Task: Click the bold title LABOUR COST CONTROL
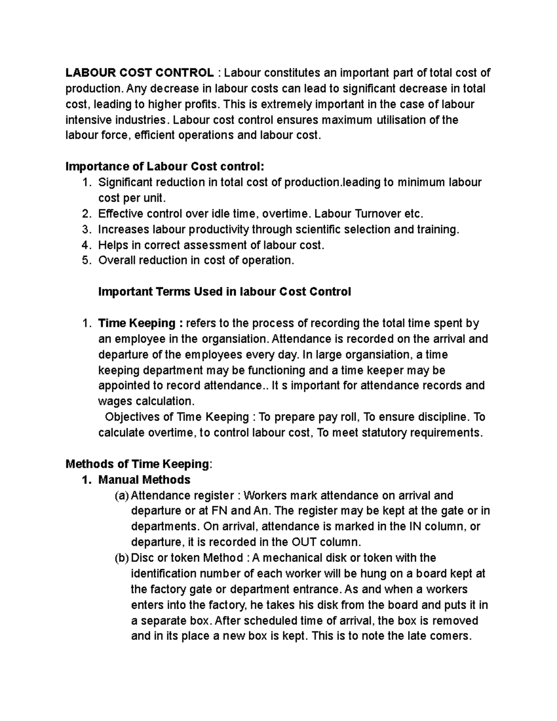[x=140, y=73]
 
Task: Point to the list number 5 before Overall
[x=85, y=260]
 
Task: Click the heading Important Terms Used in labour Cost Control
[x=225, y=292]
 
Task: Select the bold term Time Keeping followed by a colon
[x=137, y=323]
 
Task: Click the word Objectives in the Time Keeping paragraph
[x=132, y=417]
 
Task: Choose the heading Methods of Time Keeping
[x=138, y=464]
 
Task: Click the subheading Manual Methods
[x=144, y=480]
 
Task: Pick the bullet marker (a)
[x=122, y=495]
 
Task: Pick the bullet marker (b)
[x=122, y=558]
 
